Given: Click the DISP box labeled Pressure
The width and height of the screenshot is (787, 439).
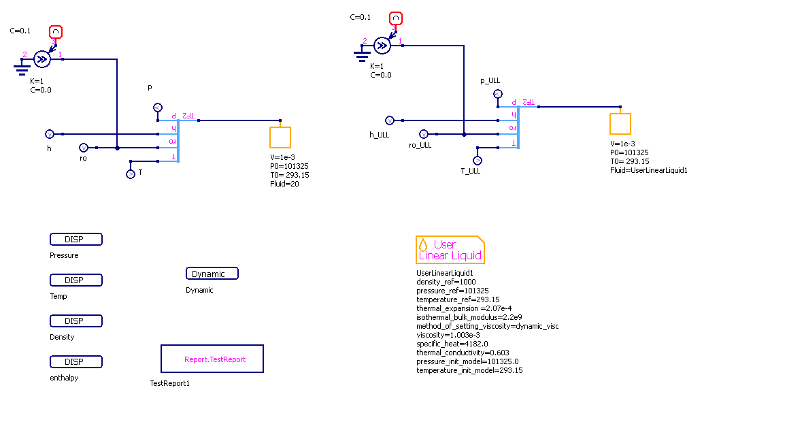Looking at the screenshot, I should click(x=76, y=240).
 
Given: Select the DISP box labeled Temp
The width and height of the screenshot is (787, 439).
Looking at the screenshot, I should click(x=76, y=280).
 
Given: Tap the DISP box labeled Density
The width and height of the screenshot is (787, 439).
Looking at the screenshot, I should click(x=76, y=321).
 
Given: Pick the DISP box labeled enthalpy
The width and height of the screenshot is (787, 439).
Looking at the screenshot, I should click(x=76, y=362).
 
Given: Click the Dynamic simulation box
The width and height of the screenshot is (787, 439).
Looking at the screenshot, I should click(x=212, y=274).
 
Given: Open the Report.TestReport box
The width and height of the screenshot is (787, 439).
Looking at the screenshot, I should click(x=212, y=359).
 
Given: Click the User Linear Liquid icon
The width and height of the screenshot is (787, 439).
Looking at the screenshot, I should click(x=450, y=250).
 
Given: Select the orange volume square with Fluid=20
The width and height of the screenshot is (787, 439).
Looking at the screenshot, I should click(x=280, y=137).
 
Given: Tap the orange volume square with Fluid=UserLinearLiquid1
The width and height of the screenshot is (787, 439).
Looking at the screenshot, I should click(x=620, y=123).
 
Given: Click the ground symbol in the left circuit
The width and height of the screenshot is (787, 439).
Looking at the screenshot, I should click(x=22, y=67).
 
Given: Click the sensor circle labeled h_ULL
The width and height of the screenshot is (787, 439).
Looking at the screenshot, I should click(x=390, y=120).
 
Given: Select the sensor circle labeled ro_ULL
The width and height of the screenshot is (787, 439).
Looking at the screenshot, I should click(x=424, y=134).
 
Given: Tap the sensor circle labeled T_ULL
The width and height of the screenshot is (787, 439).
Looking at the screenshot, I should click(x=478, y=160).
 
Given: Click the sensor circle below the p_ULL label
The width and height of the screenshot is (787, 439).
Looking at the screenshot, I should click(x=497, y=94).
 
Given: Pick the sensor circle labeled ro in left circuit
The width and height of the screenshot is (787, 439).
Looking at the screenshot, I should click(x=84, y=148).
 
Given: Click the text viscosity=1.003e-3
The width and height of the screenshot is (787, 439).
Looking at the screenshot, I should click(x=448, y=335).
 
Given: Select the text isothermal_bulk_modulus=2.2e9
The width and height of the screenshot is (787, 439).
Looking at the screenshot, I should click(x=470, y=317).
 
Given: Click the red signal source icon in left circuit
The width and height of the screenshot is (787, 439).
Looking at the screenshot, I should click(x=56, y=31).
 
